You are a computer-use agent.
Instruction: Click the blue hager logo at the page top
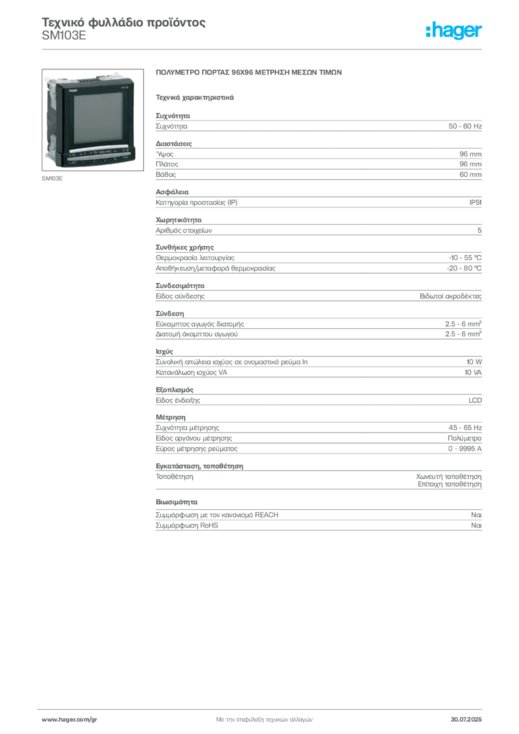[454, 32]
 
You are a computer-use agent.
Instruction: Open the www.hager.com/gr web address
[68, 718]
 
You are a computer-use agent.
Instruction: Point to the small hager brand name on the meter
[73, 91]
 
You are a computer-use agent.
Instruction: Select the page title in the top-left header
[123, 22]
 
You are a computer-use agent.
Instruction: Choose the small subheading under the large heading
[195, 97]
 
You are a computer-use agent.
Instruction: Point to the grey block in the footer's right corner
[471, 717]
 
